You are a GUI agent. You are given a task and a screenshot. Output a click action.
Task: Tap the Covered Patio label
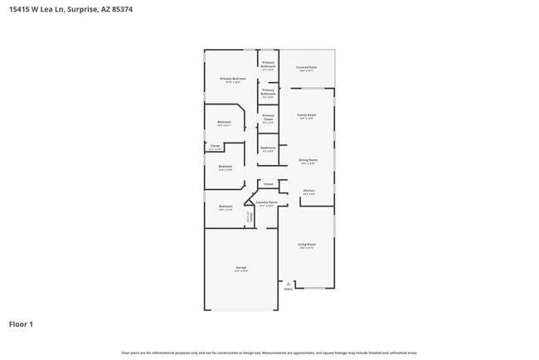pos(306,69)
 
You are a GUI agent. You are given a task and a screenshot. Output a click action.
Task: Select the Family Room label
pos(306,116)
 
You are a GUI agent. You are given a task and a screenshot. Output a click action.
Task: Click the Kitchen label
pos(308,192)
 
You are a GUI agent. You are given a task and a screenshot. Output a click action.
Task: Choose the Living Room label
pos(306,246)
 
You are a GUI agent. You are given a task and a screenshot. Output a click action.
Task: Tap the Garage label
pos(240,269)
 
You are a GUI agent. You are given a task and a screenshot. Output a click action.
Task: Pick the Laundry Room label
pos(266,203)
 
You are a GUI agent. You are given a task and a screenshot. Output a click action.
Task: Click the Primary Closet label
pos(268,119)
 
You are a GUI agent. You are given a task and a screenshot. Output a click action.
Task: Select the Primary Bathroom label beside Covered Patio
pos(268,65)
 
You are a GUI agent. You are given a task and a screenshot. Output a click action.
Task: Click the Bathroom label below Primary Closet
pos(268,149)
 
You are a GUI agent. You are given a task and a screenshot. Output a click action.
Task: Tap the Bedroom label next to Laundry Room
pos(226,207)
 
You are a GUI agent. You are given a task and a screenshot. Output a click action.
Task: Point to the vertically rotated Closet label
pos(250,216)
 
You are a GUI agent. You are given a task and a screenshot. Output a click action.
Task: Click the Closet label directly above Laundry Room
pos(268,183)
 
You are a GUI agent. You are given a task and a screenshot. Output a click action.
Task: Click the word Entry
pos(288,289)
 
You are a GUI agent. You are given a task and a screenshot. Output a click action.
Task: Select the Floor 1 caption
pos(21,324)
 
